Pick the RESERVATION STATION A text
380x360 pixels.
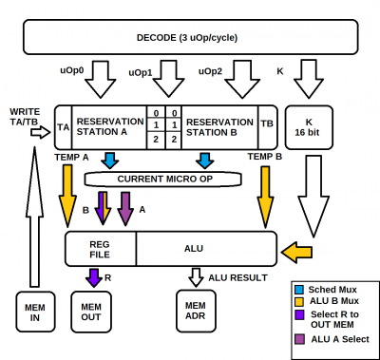(x=107, y=126)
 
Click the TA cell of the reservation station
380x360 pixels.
(x=63, y=125)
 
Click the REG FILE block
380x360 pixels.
(x=100, y=247)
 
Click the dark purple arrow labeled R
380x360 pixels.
(x=93, y=277)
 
